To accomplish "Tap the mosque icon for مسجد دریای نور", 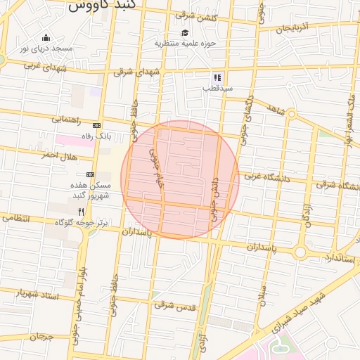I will click(46, 38).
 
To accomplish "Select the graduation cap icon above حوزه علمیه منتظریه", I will click(185, 32).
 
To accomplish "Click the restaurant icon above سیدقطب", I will click(217, 77).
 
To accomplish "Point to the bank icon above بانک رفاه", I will click(96, 125).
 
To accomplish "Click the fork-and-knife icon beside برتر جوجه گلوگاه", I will click(82, 212).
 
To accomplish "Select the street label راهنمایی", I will click(67, 120).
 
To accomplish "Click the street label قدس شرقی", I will click(174, 306).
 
